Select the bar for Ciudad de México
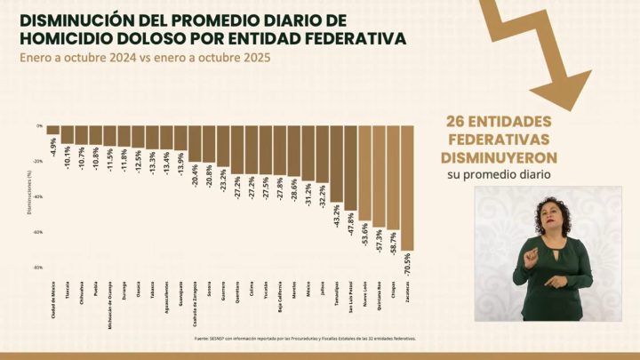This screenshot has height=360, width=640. (x=53, y=130)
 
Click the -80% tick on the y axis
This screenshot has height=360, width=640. (x=38, y=268)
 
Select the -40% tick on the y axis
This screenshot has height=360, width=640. (x=38, y=196)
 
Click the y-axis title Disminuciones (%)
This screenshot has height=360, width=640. (x=28, y=196)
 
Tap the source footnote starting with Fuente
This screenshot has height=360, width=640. (x=305, y=339)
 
